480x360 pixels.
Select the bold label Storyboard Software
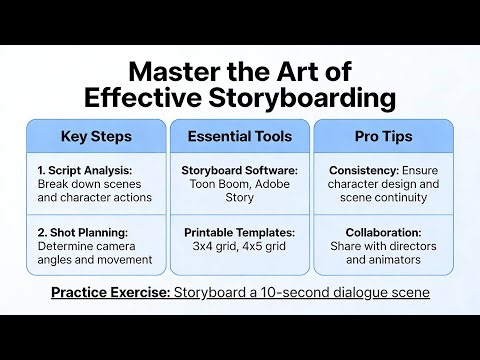pyautogui.click(x=239, y=170)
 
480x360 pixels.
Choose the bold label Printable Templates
pyautogui.click(x=239, y=232)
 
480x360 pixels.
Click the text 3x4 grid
pyautogui.click(x=213, y=246)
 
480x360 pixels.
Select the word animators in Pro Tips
pyautogui.click(x=400, y=260)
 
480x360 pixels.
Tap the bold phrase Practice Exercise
pyautogui.click(x=110, y=292)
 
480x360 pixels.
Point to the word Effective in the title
pyautogui.click(x=140, y=98)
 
